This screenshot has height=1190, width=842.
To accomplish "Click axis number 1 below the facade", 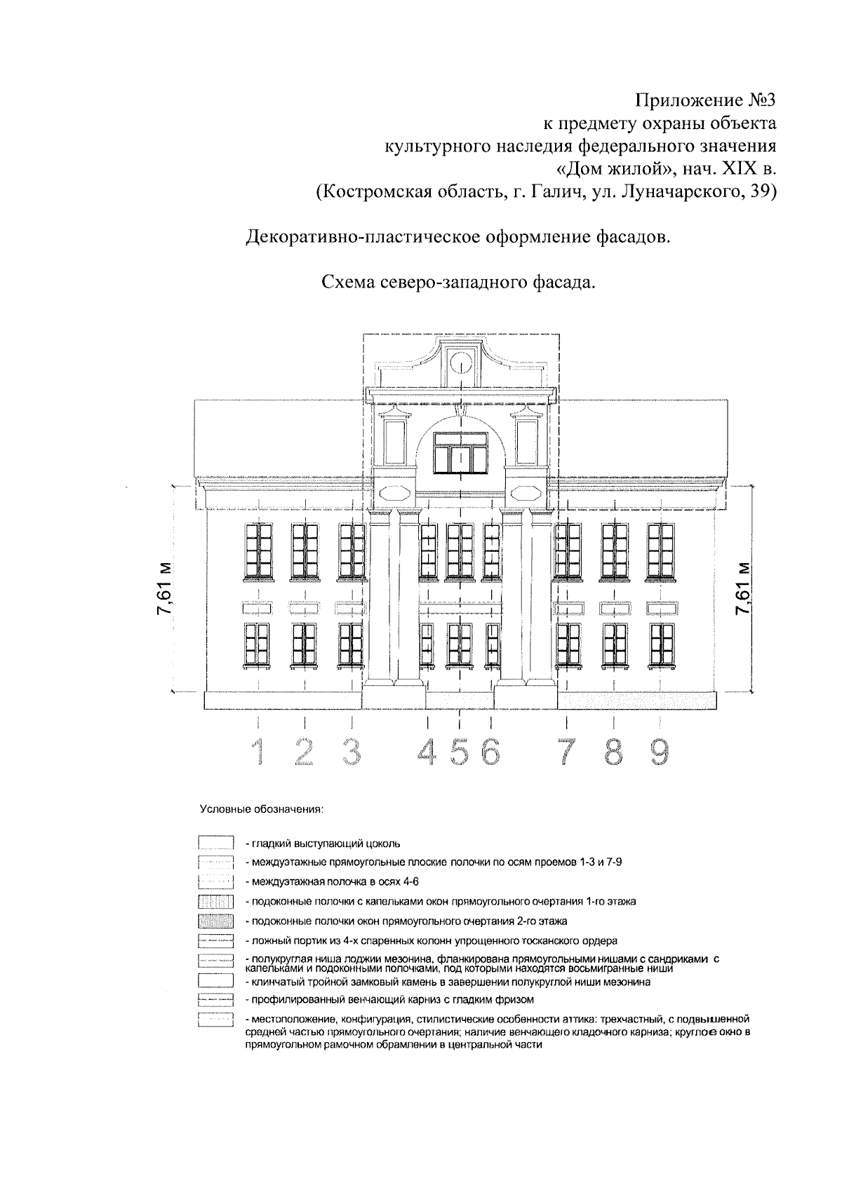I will (x=260, y=752).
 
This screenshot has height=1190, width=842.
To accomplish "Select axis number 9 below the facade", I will (x=658, y=752).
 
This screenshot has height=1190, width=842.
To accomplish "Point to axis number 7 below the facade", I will (x=566, y=752).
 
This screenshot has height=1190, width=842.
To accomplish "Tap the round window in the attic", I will (x=460, y=363).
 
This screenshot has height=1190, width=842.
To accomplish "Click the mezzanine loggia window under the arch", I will (x=460, y=452).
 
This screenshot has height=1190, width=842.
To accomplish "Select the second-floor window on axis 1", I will (x=259, y=551).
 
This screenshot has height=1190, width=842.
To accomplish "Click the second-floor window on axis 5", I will (x=460, y=551).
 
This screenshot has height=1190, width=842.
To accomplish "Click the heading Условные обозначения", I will (x=261, y=810).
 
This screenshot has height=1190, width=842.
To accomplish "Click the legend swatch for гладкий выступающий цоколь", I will (x=215, y=843).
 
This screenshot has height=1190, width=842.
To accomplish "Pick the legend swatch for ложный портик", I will (x=215, y=940).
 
